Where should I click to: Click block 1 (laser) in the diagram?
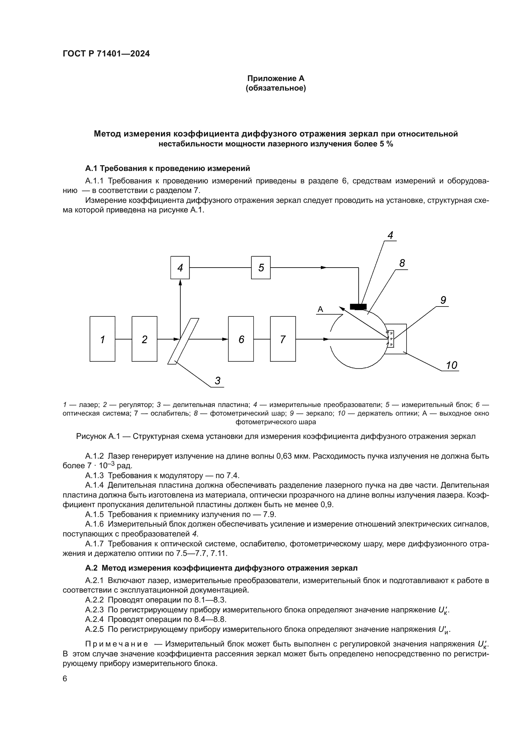[x=102, y=339]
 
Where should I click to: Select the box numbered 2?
[x=144, y=339]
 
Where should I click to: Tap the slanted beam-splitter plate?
[x=183, y=341]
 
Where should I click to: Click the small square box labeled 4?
[x=180, y=267]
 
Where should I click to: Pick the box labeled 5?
[x=261, y=267]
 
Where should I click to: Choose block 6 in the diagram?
[x=241, y=339]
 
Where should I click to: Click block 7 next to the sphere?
[x=283, y=339]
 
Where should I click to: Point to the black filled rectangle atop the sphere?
[x=358, y=307]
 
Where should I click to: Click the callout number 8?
[x=402, y=263]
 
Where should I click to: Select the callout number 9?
[x=443, y=300]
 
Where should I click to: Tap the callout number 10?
[x=451, y=366]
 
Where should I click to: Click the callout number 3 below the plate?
[x=218, y=380]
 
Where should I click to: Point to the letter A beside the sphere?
[x=320, y=309]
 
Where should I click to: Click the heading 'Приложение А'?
[x=276, y=78]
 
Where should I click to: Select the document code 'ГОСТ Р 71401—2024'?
[x=106, y=54]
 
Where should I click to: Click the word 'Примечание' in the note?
[x=117, y=644]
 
